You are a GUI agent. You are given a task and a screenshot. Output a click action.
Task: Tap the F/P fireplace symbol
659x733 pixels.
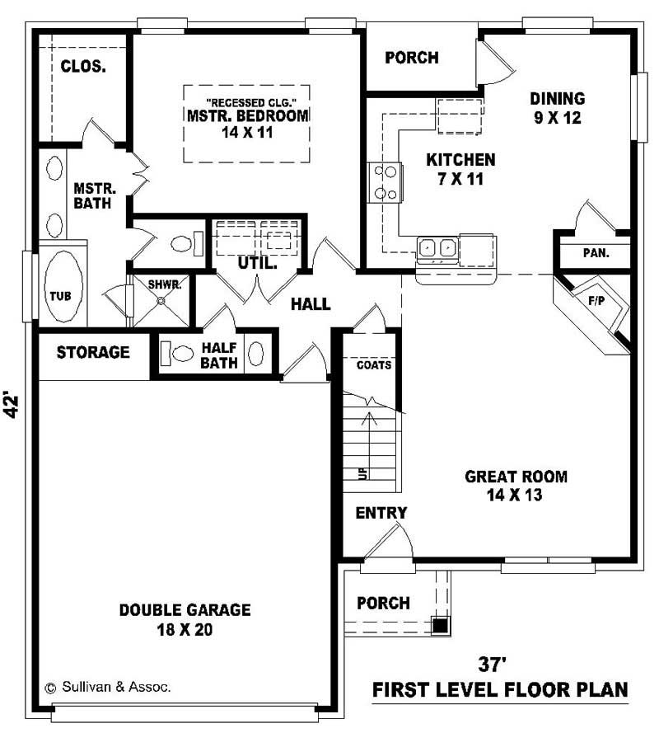click(595, 301)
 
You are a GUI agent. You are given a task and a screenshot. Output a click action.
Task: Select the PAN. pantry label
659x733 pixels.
click(595, 253)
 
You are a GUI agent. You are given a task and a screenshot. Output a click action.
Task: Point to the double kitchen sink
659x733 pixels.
click(437, 247)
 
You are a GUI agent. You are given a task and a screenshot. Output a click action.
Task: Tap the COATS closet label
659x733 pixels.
click(374, 364)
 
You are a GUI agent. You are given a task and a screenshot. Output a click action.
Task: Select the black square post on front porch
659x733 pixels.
click(441, 625)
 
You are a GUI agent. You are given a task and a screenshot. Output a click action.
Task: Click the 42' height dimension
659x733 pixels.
click(12, 404)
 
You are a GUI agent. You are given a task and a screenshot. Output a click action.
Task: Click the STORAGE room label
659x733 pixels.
click(93, 353)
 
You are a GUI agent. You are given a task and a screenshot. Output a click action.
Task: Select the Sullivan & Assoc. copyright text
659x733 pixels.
click(107, 687)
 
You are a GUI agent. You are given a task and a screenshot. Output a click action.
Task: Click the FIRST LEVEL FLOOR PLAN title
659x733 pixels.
click(500, 689)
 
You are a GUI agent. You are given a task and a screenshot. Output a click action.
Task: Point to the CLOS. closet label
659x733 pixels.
click(82, 66)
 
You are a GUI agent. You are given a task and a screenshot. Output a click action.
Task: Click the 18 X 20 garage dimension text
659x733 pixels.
click(185, 630)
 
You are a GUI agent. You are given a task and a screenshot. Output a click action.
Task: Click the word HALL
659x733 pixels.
click(311, 304)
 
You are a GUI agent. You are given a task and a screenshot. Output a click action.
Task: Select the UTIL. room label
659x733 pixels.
click(255, 264)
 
